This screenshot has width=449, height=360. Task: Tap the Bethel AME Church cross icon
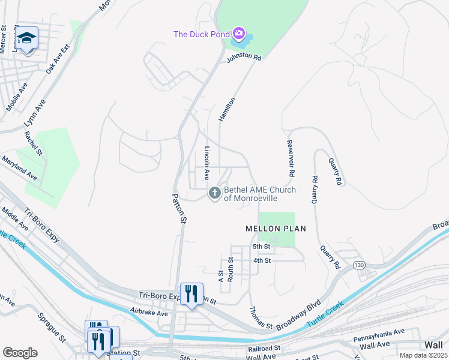pos(214,193)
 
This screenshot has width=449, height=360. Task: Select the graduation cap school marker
pos(26,40)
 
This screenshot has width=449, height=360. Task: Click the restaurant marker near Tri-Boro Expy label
pos(191,294)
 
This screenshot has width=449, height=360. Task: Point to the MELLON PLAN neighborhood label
pos(276,229)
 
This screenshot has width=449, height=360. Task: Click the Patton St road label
pos(179,208)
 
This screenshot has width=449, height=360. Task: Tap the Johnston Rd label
pos(244,59)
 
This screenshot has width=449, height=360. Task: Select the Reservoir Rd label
pos(290,157)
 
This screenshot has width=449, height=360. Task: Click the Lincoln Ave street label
pos(207,163)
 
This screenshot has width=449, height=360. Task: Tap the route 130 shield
pos(359,265)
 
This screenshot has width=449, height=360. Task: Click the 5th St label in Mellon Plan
pos(261,247)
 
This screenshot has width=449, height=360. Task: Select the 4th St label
pos(262,260)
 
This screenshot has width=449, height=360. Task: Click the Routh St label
pos(231,263)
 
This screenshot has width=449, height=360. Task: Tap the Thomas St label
pos(261,317)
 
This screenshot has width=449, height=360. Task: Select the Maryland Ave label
pos(19,167)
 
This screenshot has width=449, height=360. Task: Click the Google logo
pos(20,353)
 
